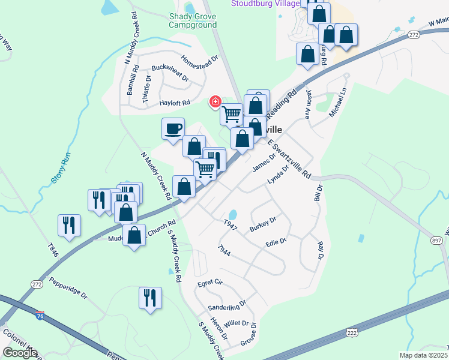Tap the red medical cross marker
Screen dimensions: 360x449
pos(215,101)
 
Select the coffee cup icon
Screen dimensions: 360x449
pos(173,128)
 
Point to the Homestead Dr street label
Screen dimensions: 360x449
pos(199,62)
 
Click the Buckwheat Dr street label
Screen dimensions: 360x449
pos(170,74)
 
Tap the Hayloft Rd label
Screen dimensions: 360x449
pos(175,103)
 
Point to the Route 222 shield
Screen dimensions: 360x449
pos(351,333)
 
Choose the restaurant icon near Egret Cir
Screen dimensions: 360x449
pos(150,297)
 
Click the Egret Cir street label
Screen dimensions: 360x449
pos(210,282)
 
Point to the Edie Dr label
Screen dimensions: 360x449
pos(276,242)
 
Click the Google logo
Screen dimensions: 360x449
pos(20,352)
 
